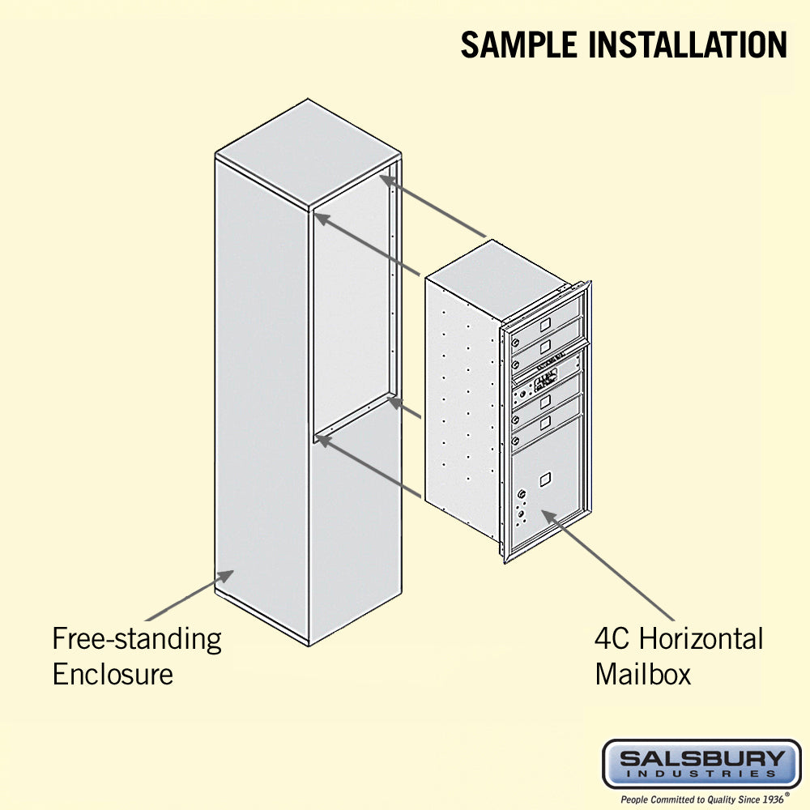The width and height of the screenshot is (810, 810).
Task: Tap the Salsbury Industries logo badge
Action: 701,764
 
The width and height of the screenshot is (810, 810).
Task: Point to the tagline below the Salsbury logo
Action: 701,799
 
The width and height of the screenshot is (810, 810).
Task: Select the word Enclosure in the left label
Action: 113,674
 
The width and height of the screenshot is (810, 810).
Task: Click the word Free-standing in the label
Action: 137,639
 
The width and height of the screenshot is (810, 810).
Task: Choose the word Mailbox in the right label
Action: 643,674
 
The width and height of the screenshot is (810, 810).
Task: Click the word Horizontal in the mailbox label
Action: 701,639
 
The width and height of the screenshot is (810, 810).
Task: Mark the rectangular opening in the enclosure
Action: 352,308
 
